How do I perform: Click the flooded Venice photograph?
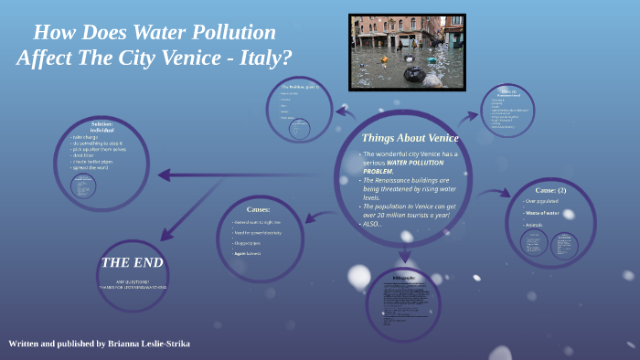tap(407, 52)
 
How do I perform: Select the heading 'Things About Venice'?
tap(410, 137)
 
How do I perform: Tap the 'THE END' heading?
tap(133, 262)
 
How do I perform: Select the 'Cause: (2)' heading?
tap(550, 190)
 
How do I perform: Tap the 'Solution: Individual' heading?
tap(101, 127)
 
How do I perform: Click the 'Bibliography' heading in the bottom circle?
tap(403, 277)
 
